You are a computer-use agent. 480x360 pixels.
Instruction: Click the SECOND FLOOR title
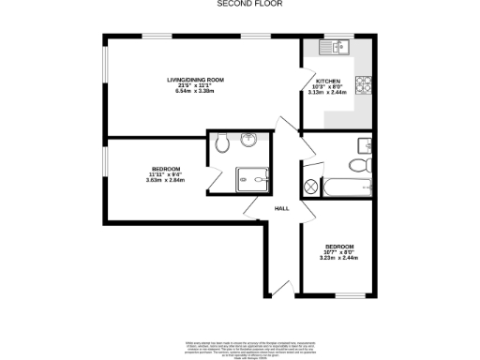point(239,4)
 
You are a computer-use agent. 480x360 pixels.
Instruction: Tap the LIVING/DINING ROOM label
point(195,79)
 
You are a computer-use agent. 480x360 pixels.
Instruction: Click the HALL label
point(281,208)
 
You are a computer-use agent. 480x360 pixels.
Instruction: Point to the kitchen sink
point(334,45)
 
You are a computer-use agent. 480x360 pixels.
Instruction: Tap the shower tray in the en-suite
point(251,178)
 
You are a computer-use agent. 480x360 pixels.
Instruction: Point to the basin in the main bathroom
point(365,144)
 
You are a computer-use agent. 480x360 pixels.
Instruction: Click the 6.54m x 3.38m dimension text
point(195,91)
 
